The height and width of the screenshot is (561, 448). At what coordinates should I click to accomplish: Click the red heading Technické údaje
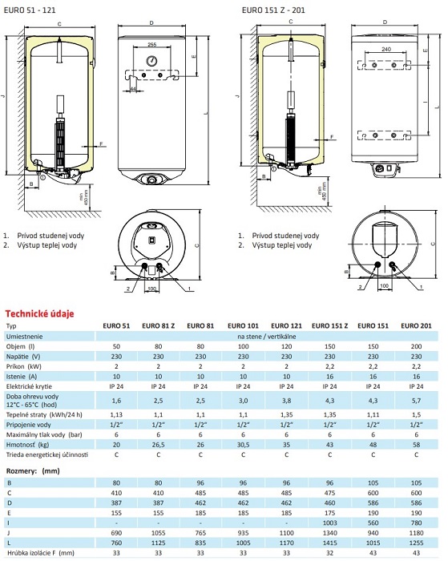tap(39, 314)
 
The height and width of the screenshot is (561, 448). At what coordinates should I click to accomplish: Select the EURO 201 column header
tap(416, 325)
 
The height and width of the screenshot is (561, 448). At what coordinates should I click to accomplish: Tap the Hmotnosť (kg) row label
tap(27, 445)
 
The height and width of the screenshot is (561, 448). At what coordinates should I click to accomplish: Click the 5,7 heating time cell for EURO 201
tap(416, 401)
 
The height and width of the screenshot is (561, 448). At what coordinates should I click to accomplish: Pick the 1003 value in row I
tap(329, 523)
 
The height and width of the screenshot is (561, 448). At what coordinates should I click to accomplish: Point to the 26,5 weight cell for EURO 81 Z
tap(158, 445)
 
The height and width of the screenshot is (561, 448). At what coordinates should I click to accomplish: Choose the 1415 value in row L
tap(329, 543)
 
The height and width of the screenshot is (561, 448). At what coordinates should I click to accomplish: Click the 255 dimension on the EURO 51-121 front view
tap(152, 45)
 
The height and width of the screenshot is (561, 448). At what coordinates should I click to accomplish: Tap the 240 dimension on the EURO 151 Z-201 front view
tap(386, 49)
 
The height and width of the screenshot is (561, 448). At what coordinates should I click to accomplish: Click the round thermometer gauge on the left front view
tap(151, 61)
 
